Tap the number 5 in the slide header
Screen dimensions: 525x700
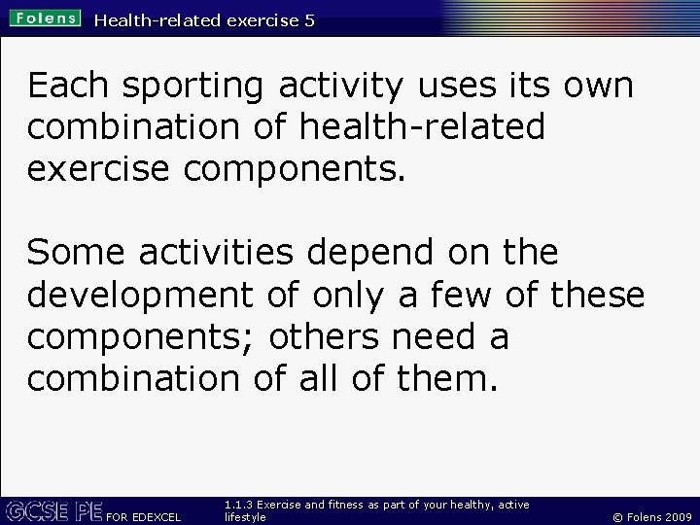tap(308, 19)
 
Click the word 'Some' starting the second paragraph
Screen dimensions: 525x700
tap(76, 253)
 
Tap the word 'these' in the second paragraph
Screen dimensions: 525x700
tap(596, 294)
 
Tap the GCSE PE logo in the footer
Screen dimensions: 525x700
tap(53, 509)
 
